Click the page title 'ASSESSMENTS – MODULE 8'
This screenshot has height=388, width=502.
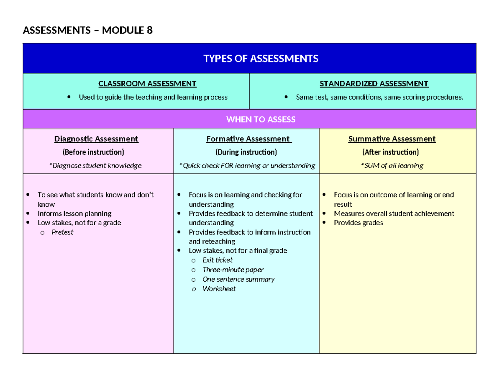pyautogui.click(x=87, y=31)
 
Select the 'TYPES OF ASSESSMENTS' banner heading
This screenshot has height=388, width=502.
pyautogui.click(x=261, y=59)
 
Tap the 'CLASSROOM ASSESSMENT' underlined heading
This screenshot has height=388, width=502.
pyautogui.click(x=147, y=84)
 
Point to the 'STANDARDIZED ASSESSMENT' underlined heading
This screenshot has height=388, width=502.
pyautogui.click(x=374, y=84)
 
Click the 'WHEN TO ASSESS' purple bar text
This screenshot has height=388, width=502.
pyautogui.click(x=261, y=120)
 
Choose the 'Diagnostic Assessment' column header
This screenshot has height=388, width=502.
pyautogui.click(x=96, y=139)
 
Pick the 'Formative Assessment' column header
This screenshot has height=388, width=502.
pyautogui.click(x=248, y=139)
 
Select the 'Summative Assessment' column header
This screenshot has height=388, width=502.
pyautogui.click(x=392, y=139)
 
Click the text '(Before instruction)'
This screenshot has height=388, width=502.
pyautogui.click(x=93, y=152)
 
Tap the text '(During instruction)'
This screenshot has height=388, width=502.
pyautogui.click(x=246, y=152)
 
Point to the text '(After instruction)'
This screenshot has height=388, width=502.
pyautogui.click(x=390, y=152)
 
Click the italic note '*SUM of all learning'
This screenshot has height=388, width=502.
pyautogui.click(x=392, y=166)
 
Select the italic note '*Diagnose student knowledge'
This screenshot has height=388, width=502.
pyautogui.click(x=95, y=166)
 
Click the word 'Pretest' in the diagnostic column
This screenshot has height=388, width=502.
pyautogui.click(x=62, y=232)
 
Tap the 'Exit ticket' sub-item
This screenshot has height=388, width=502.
pyautogui.click(x=218, y=260)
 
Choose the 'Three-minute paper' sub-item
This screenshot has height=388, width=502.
pyautogui.click(x=233, y=270)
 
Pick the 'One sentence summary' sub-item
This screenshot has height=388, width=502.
pyautogui.click(x=238, y=279)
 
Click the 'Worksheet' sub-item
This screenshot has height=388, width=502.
pyautogui.click(x=219, y=289)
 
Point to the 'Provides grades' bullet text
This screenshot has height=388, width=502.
pyautogui.click(x=358, y=223)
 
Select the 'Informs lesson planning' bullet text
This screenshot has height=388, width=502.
pyautogui.click(x=74, y=213)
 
